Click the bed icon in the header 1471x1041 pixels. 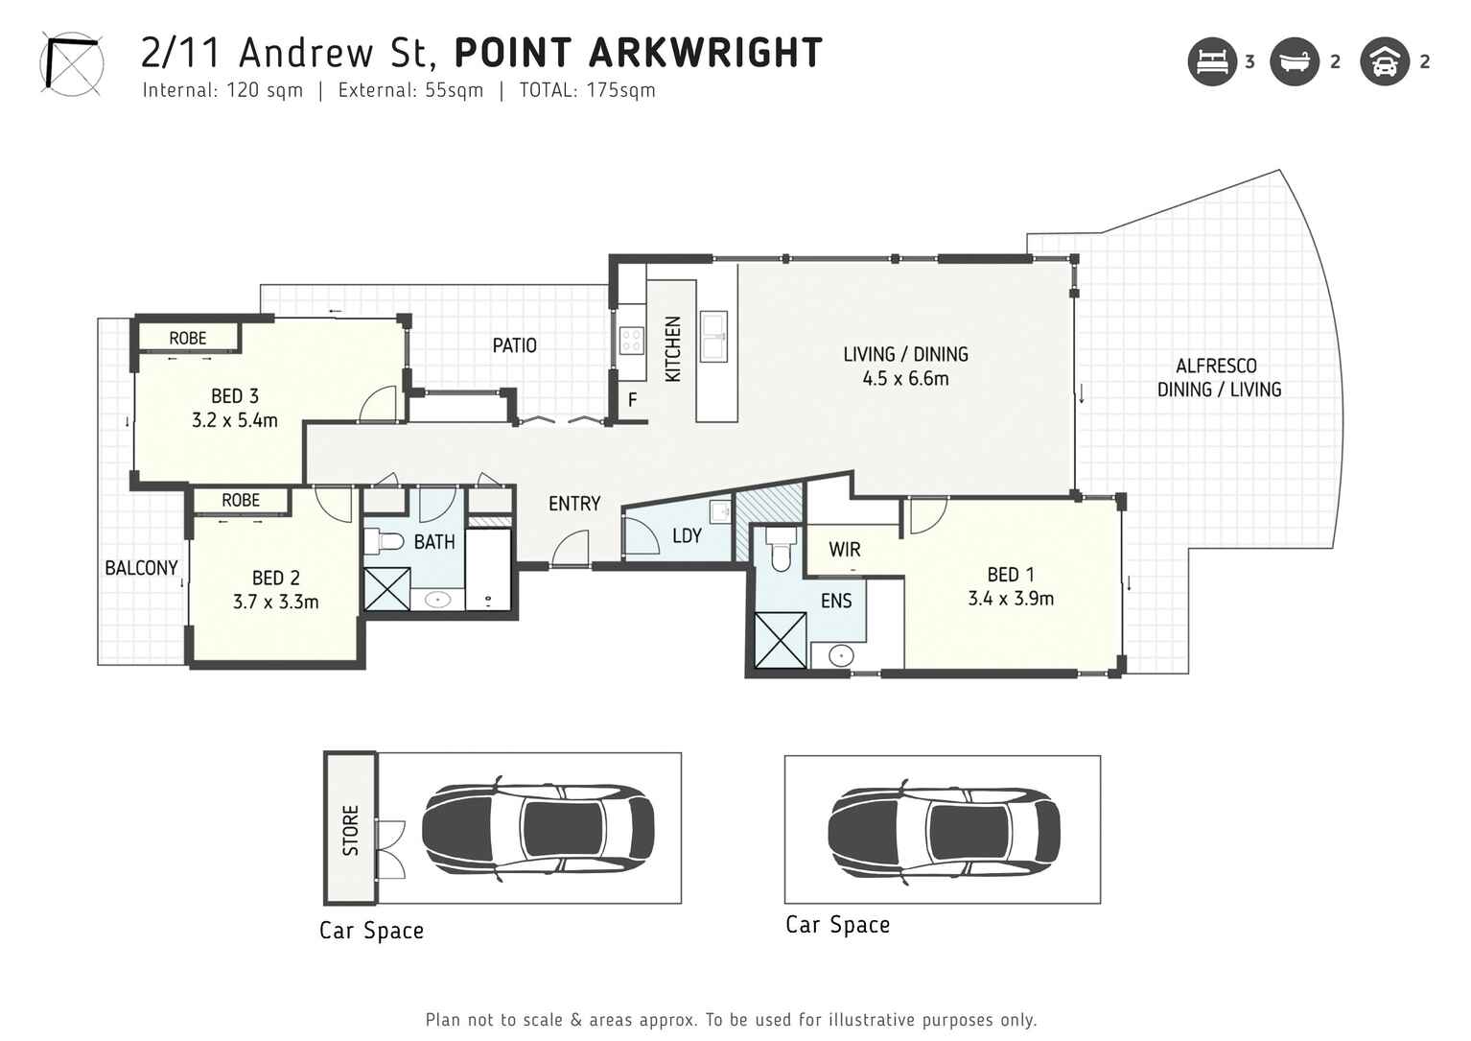pos(1212,61)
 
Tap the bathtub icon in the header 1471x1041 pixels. pos(1295,61)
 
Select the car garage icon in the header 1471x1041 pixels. pos(1384,61)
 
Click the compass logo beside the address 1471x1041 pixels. pos(70,64)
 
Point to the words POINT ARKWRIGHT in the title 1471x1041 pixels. pos(638,53)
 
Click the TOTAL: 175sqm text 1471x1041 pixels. pos(587,90)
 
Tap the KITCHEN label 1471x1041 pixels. pos(673,349)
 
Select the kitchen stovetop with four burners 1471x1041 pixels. pos(631,340)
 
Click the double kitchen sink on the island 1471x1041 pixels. pos(713,336)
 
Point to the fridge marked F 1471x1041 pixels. pos(633,400)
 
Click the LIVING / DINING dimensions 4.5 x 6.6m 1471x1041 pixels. pos(905,379)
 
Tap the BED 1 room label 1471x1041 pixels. pos(1011,575)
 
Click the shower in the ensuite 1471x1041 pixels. pos(780,640)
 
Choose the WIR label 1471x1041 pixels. pos(844,550)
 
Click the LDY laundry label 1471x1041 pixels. pos(687,536)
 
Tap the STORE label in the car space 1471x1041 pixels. pos(350,829)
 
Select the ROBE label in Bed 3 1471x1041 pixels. pos(188,338)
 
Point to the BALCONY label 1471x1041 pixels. pos(141,568)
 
